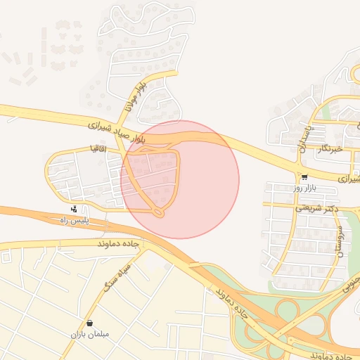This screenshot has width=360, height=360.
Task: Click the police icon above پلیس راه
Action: tap(74, 209)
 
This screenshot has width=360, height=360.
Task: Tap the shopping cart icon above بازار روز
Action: tap(304, 177)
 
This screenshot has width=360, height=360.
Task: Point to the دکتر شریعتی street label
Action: tap(316, 208)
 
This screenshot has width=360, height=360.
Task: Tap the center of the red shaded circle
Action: tap(180, 179)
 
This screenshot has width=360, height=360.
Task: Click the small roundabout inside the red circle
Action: tap(159, 210)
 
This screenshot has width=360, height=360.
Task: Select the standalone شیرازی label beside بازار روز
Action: tap(348, 179)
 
